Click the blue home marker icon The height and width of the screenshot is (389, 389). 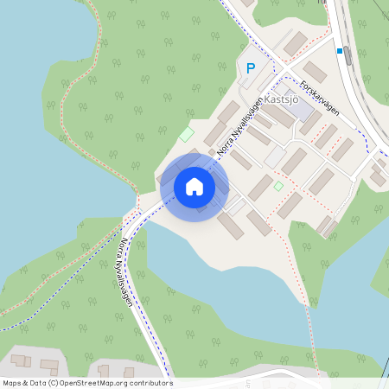tap(194, 187)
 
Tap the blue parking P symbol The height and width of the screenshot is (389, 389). tap(252, 68)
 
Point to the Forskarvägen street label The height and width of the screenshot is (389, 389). tap(321, 99)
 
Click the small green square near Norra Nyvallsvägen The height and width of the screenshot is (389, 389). tap(186, 135)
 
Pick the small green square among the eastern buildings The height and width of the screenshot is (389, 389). tap(278, 186)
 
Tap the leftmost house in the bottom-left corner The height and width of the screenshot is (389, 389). tap(20, 360)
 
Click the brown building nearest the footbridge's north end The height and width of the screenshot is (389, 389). tap(326, 226)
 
